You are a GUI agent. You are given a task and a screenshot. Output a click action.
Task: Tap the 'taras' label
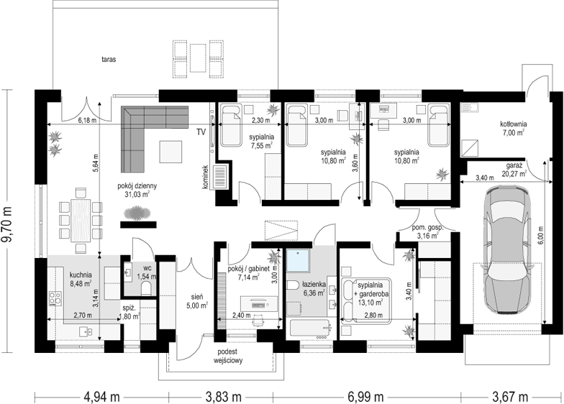pyautogui.click(x=109, y=60)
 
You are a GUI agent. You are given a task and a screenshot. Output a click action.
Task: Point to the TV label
pyautogui.click(x=201, y=132)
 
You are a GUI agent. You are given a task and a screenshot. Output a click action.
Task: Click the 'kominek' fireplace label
pyautogui.click(x=206, y=177)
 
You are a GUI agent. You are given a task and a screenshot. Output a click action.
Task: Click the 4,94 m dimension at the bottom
pyautogui.click(x=102, y=397)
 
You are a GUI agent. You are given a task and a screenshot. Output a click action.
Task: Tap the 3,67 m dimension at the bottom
pyautogui.click(x=510, y=397)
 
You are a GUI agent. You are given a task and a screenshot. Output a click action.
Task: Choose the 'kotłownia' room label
pyautogui.click(x=514, y=124)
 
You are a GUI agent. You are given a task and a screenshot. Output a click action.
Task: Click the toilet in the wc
pyautogui.click(x=146, y=288)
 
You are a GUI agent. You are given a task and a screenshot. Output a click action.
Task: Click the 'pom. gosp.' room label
pyautogui.click(x=427, y=228)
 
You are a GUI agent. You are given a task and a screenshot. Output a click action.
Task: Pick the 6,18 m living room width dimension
pyautogui.click(x=87, y=121)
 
